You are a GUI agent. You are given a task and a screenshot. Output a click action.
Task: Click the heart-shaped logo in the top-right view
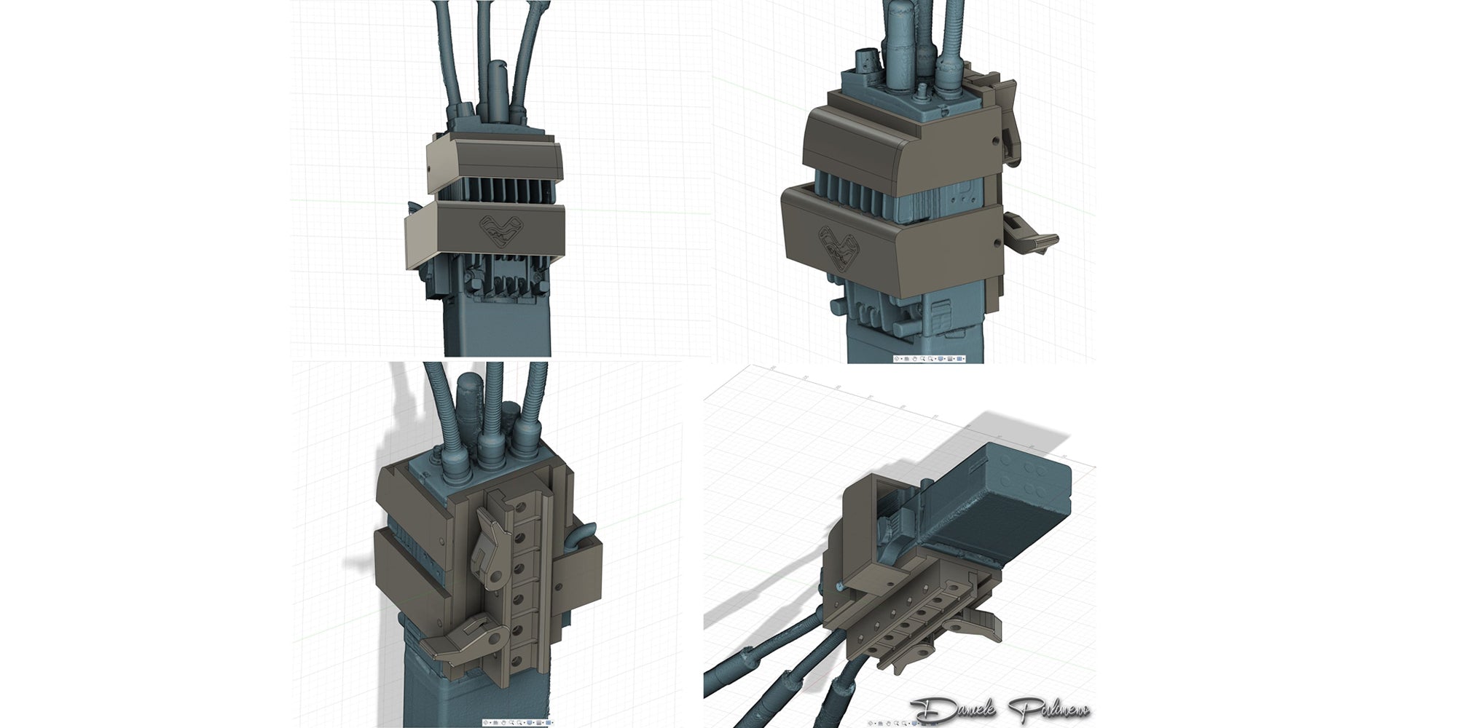click(836, 248)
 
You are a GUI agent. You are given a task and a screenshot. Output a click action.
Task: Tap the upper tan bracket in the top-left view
click(492, 160)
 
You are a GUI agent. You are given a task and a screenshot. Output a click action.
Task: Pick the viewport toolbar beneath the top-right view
click(930, 358)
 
